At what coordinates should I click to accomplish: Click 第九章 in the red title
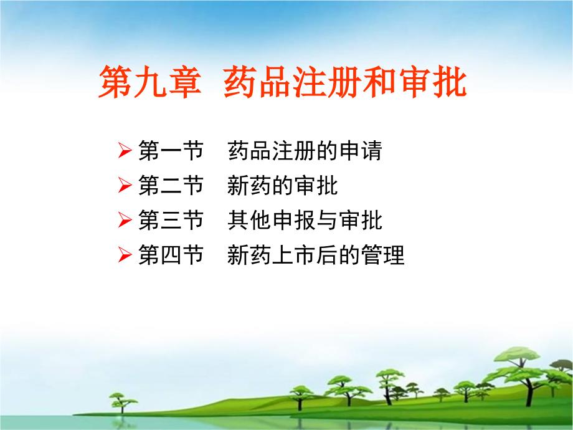click(x=150, y=82)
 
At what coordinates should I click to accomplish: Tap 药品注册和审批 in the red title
click(x=345, y=82)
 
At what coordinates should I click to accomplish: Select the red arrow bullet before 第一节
click(x=125, y=150)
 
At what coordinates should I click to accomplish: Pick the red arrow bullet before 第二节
click(x=125, y=185)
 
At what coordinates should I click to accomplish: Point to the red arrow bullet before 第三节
click(x=125, y=220)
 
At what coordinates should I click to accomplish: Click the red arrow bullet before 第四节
click(x=125, y=255)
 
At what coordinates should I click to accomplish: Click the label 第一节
click(x=171, y=150)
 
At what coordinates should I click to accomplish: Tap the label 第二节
click(x=171, y=185)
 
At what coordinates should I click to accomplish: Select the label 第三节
click(x=171, y=220)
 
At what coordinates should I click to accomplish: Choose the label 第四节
click(x=171, y=255)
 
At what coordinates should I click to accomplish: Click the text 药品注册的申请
click(x=305, y=150)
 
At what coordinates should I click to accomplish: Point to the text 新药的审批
click(x=283, y=185)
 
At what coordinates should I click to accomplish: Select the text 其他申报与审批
click(x=305, y=220)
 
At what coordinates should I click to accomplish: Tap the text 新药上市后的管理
click(x=316, y=255)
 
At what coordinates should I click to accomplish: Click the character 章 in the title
click(x=185, y=82)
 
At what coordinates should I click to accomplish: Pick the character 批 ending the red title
click(x=450, y=82)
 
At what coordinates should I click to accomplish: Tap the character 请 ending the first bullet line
click(x=372, y=150)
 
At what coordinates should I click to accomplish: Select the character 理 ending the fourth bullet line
click(x=394, y=255)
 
